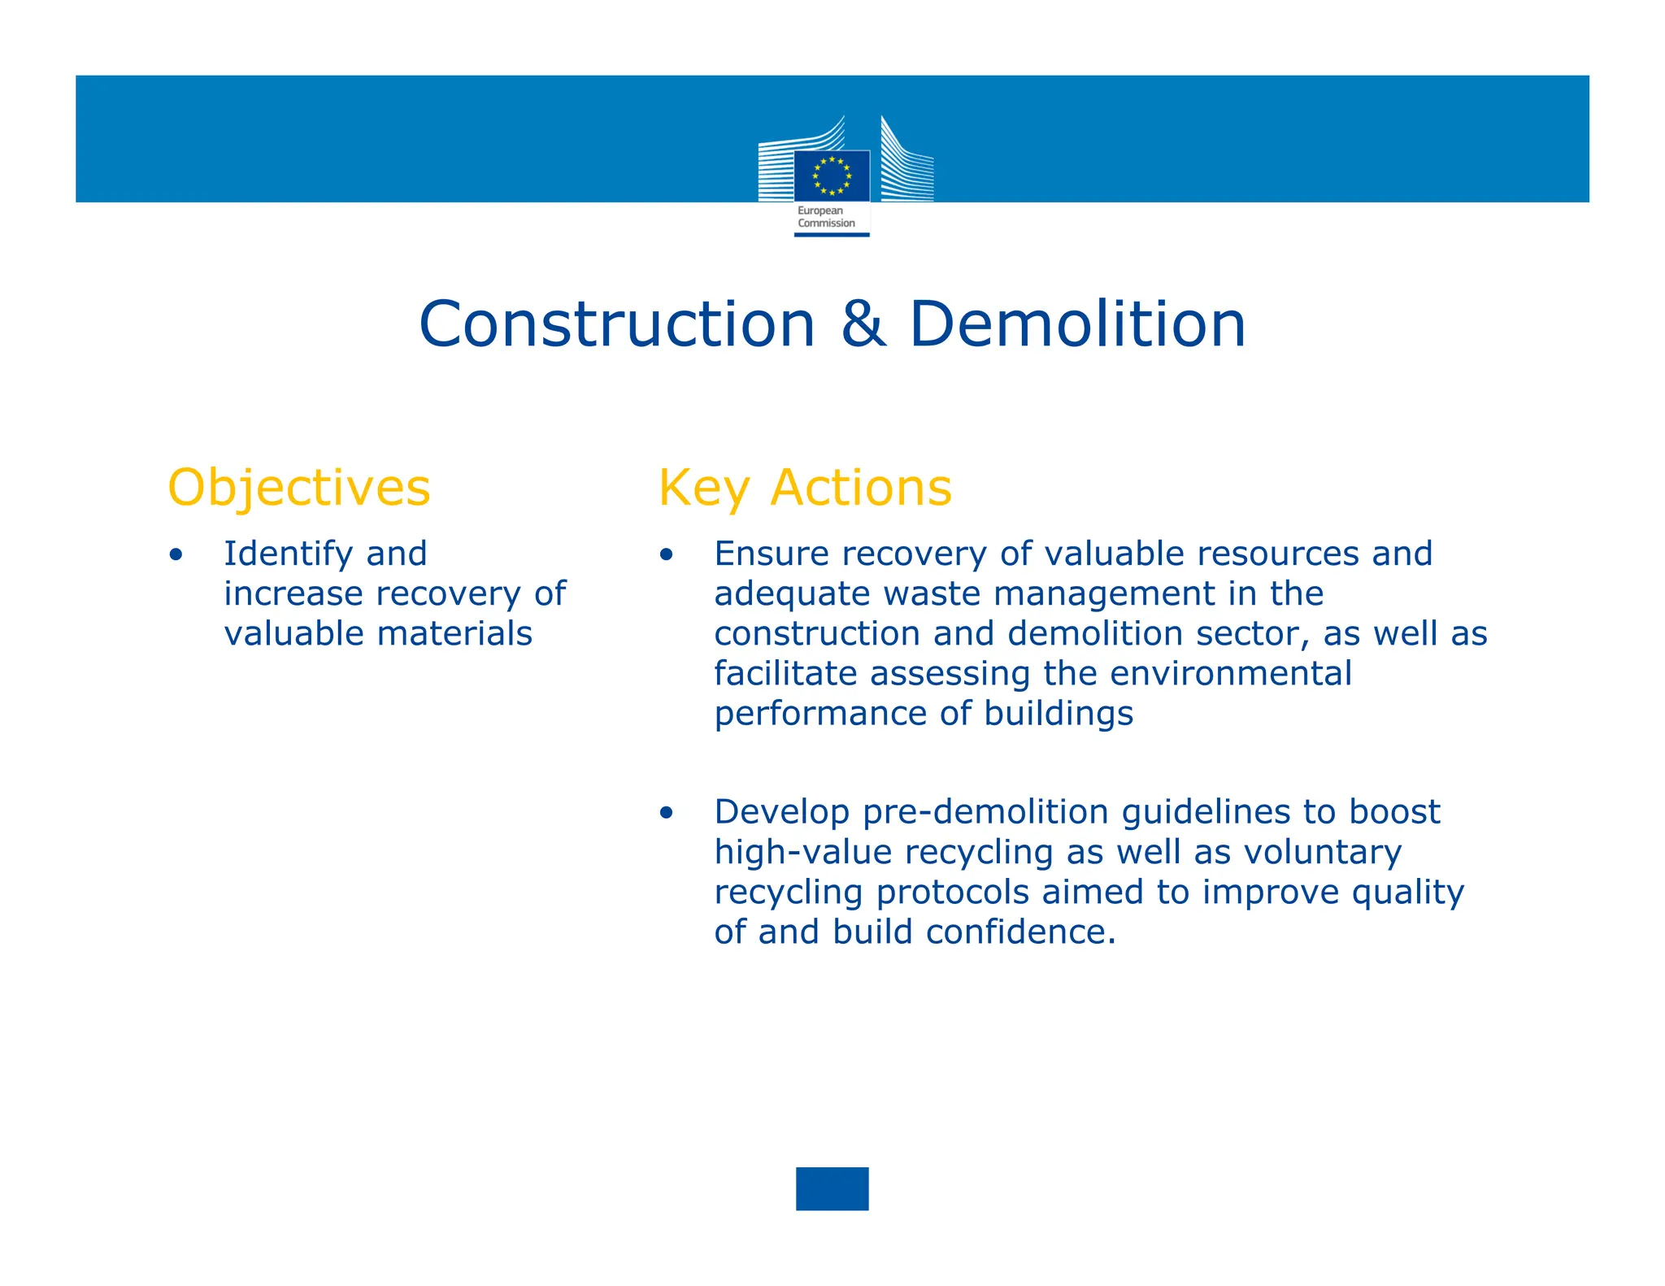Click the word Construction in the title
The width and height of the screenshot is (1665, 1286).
tap(617, 324)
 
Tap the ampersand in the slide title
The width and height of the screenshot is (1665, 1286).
tap(863, 324)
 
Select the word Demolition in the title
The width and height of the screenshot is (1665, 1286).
tap(1077, 324)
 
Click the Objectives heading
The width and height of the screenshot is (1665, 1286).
tap(298, 489)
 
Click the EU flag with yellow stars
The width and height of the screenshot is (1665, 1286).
tap(832, 176)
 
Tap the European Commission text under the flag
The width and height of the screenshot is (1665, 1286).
tap(826, 217)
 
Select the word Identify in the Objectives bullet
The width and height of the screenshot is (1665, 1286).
tap(289, 554)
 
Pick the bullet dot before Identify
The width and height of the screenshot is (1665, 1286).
tap(176, 556)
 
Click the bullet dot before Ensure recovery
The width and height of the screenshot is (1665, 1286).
tap(667, 556)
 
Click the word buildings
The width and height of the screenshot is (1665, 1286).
tap(1058, 714)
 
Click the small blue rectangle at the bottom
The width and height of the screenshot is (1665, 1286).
tap(832, 1188)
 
